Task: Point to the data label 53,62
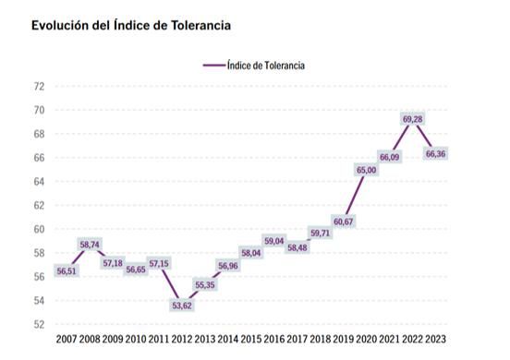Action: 182,305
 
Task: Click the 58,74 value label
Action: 90,245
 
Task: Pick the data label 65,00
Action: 366,170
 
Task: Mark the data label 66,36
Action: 436,154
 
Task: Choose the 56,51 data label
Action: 67,271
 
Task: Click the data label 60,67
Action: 344,222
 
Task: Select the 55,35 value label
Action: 205,284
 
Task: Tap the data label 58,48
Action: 297,247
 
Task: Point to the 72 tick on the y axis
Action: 38,87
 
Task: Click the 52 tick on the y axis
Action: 38,324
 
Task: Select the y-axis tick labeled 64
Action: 38,182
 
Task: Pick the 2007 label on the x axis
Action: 67,340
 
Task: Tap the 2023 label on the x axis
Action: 436,340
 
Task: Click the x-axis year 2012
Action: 182,340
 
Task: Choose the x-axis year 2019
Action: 344,340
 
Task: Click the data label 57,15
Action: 159,264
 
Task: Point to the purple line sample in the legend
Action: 213,66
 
